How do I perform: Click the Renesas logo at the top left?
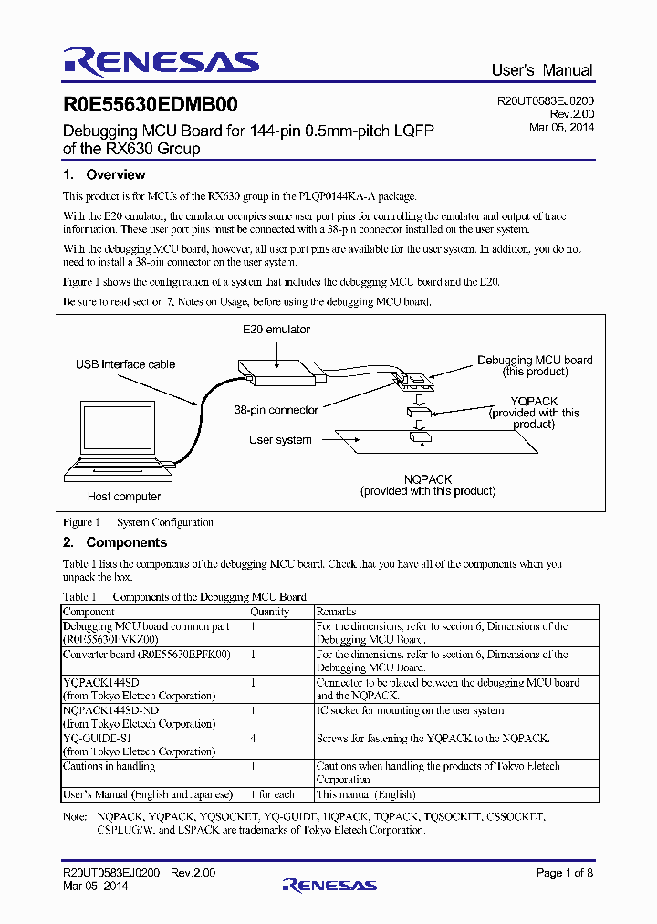pos(161,61)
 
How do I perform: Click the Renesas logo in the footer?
pos(329,885)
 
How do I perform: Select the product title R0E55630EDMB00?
pos(151,106)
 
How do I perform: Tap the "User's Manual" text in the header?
pos(541,70)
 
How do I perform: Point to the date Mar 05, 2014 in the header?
pos(561,128)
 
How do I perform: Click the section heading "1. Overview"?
pos(104,174)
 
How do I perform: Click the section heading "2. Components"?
pos(115,542)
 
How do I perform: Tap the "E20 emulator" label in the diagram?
pos(276,330)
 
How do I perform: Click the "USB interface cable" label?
pos(125,364)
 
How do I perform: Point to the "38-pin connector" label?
pos(276,410)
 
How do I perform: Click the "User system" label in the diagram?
pos(280,440)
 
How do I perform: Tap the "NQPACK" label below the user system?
pos(428,478)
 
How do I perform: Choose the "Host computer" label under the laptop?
pos(124,497)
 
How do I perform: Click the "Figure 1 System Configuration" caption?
pos(138,522)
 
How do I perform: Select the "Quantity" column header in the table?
pos(269,612)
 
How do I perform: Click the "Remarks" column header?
pos(336,612)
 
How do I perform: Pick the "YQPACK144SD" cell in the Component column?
pos(101,682)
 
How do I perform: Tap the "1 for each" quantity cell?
pos(272,794)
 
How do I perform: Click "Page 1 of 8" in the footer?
pos(565,873)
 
